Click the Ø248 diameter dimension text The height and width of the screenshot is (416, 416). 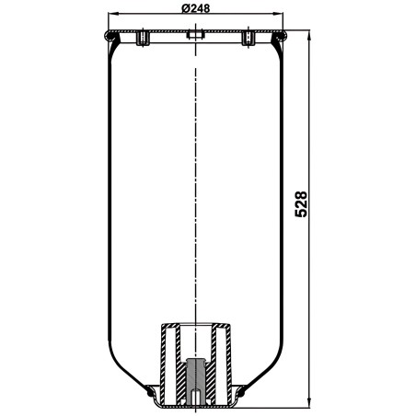tap(196, 8)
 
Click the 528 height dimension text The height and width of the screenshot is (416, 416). tap(301, 204)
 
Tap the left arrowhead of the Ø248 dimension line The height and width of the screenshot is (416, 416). tap(112, 14)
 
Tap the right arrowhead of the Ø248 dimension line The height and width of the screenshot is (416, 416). tap(279, 14)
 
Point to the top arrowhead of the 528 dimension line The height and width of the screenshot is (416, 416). tap(308, 35)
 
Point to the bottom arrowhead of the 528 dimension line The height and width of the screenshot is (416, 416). tap(308, 403)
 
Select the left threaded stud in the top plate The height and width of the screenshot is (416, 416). tap(143, 38)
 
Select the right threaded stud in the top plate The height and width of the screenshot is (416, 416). tap(248, 38)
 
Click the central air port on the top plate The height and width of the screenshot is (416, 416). tap(195, 34)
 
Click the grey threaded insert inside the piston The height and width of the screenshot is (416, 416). tap(195, 381)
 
